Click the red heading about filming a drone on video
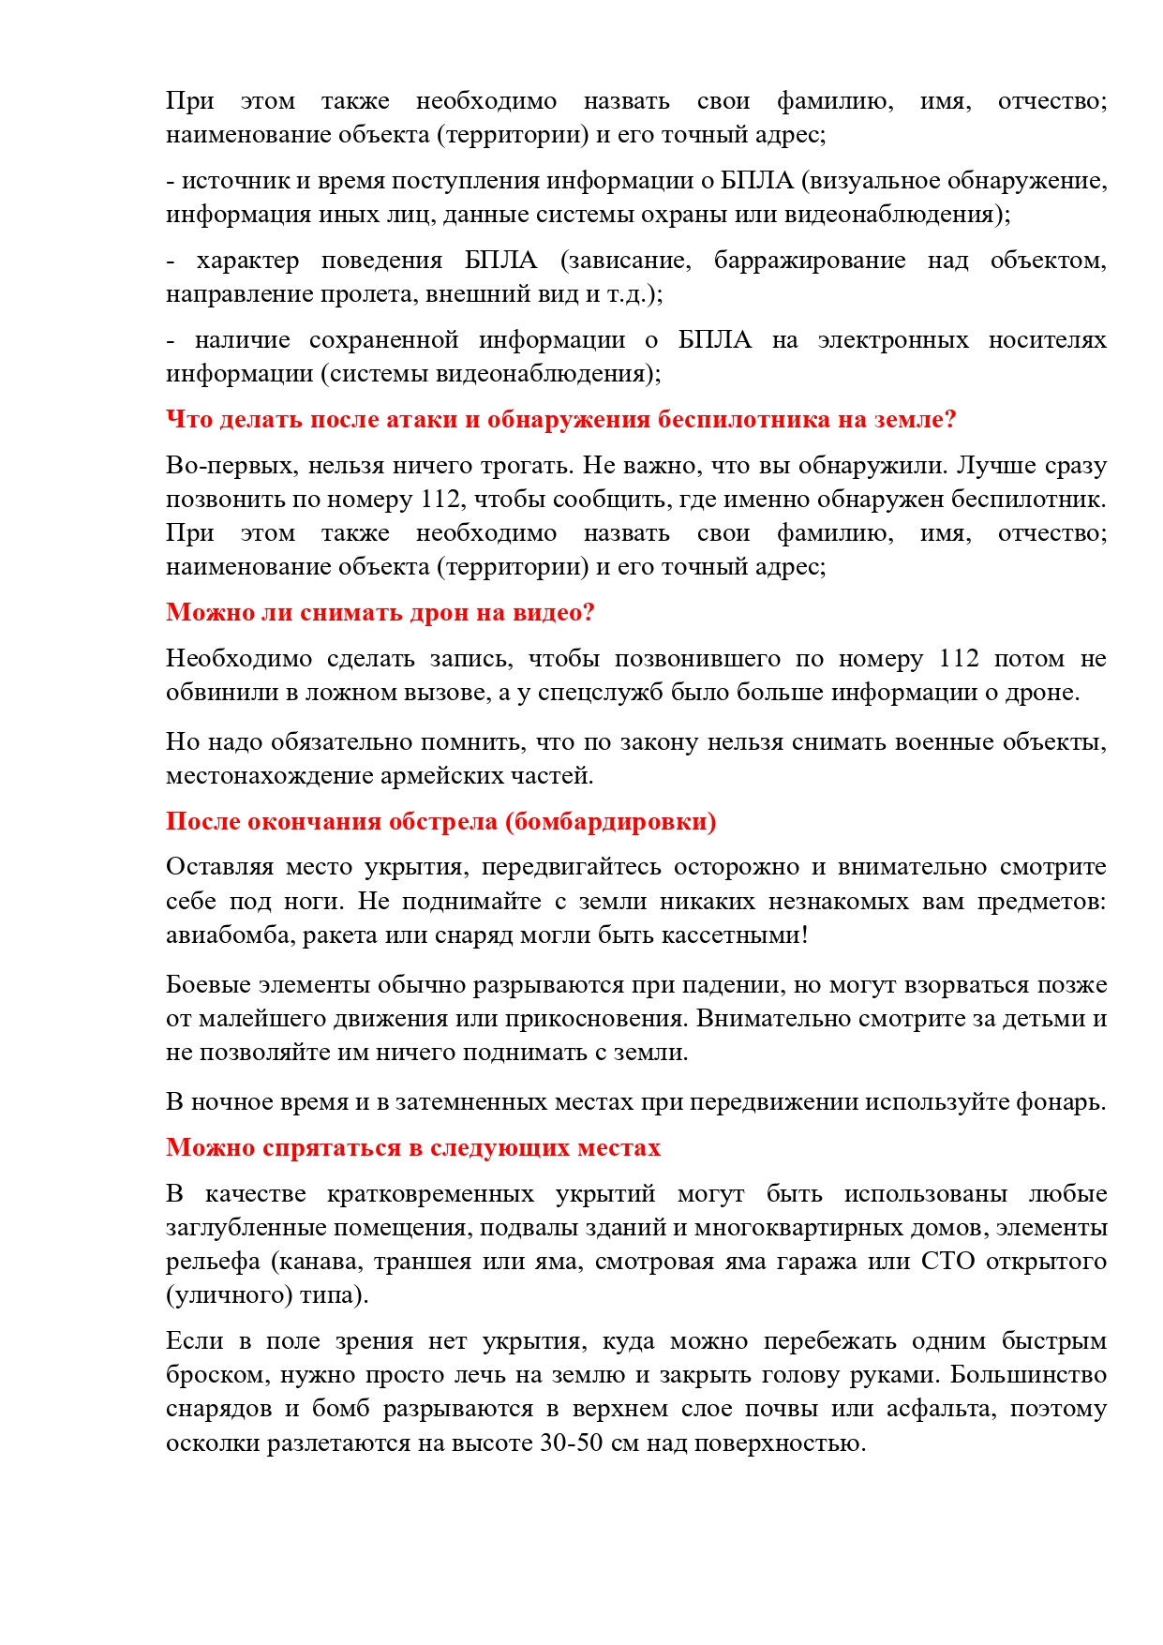pyautogui.click(x=380, y=613)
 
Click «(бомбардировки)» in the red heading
pyautogui.click(x=610, y=822)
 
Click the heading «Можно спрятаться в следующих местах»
pyautogui.click(x=413, y=1148)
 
